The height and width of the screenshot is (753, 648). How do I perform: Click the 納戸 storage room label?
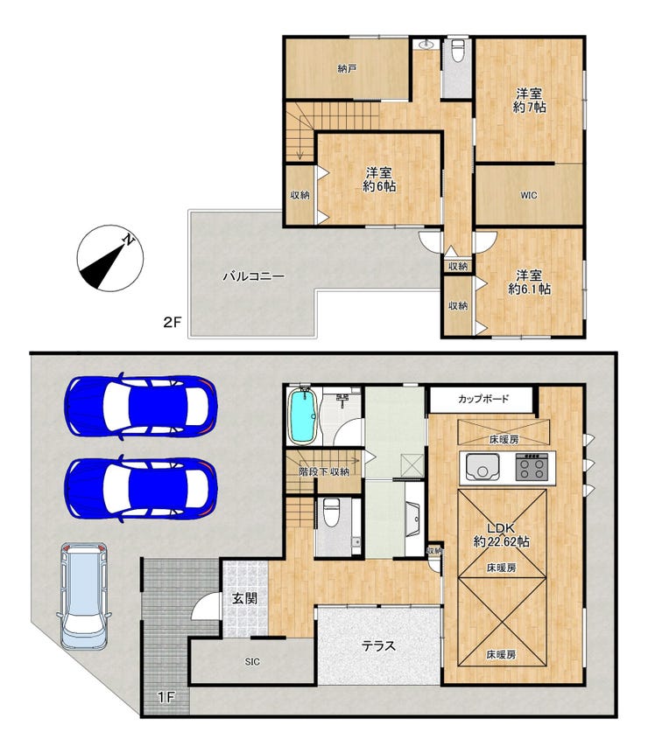click(x=347, y=69)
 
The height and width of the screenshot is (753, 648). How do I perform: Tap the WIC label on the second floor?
click(x=528, y=195)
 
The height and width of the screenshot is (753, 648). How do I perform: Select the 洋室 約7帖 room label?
click(x=529, y=100)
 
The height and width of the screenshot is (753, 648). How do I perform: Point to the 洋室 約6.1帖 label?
click(x=529, y=282)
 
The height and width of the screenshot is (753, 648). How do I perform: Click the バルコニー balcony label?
click(x=253, y=276)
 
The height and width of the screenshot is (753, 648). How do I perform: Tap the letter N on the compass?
click(x=128, y=240)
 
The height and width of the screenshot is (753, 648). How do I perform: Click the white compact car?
click(x=84, y=596)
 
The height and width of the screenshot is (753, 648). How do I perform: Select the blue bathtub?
click(x=302, y=416)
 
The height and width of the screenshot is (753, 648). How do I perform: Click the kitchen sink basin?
click(x=482, y=467)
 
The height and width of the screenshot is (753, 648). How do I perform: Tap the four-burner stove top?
click(x=532, y=467)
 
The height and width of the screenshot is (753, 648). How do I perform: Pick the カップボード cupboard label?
click(x=483, y=399)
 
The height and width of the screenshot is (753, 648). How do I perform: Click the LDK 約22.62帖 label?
click(x=502, y=535)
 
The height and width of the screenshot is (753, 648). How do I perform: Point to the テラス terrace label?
click(x=378, y=646)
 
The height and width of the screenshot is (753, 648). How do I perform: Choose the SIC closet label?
click(x=252, y=662)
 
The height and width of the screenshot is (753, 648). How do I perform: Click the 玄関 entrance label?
click(x=244, y=598)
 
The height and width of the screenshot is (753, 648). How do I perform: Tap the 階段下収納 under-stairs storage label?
click(x=324, y=471)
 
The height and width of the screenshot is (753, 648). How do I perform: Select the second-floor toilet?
click(x=458, y=51)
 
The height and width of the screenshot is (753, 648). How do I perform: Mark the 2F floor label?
click(x=173, y=322)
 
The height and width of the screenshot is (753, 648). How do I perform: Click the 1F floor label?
click(x=166, y=697)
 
